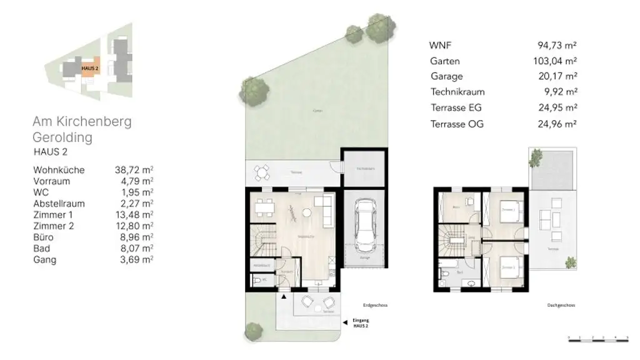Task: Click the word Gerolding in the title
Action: click(62, 137)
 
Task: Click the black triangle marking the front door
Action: click(284, 297)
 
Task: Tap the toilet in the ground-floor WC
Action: click(258, 281)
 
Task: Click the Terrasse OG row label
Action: click(457, 124)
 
